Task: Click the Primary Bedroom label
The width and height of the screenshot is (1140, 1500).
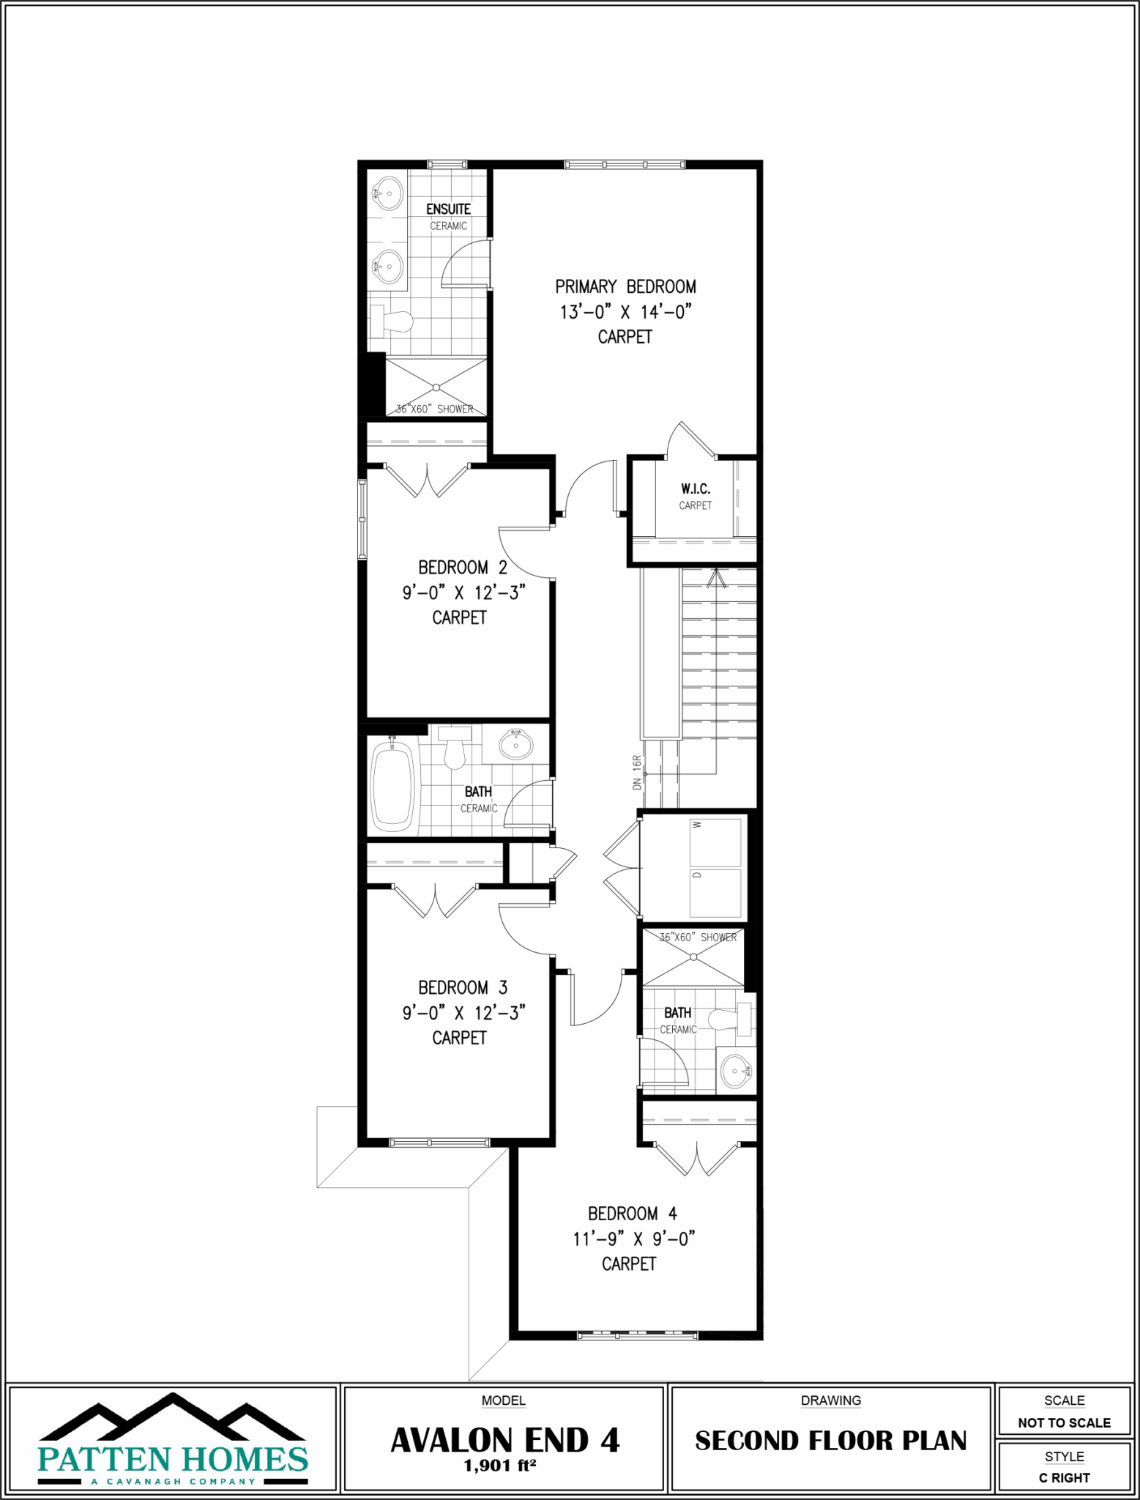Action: coord(625,286)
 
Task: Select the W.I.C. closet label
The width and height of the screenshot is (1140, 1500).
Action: coord(695,489)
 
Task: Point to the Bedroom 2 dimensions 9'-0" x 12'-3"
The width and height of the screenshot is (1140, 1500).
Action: coord(463,593)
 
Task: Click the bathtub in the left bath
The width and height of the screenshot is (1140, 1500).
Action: coord(392,787)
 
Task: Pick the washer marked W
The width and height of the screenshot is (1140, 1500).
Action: coord(715,841)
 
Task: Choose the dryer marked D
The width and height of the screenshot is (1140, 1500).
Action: coord(715,891)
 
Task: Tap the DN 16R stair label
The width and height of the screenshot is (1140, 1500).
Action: coord(637,772)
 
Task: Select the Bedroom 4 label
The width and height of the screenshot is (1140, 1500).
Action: coord(632,1214)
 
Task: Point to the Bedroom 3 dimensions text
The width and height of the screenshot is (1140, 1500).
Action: coord(463,1013)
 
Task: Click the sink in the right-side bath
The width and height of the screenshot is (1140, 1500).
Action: coord(735,1072)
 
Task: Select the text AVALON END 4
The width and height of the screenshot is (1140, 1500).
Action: coord(504,1441)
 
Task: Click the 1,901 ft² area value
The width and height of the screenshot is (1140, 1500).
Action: coord(500,1466)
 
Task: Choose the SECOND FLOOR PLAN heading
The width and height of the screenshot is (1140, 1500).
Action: coord(830,1441)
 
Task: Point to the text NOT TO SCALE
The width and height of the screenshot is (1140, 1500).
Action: coord(1064,1423)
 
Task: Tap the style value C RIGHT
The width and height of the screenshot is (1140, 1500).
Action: coord(1064,1478)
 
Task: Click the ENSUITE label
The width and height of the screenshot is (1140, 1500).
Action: coord(448,209)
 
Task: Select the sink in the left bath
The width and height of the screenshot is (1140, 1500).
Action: coord(516,744)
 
